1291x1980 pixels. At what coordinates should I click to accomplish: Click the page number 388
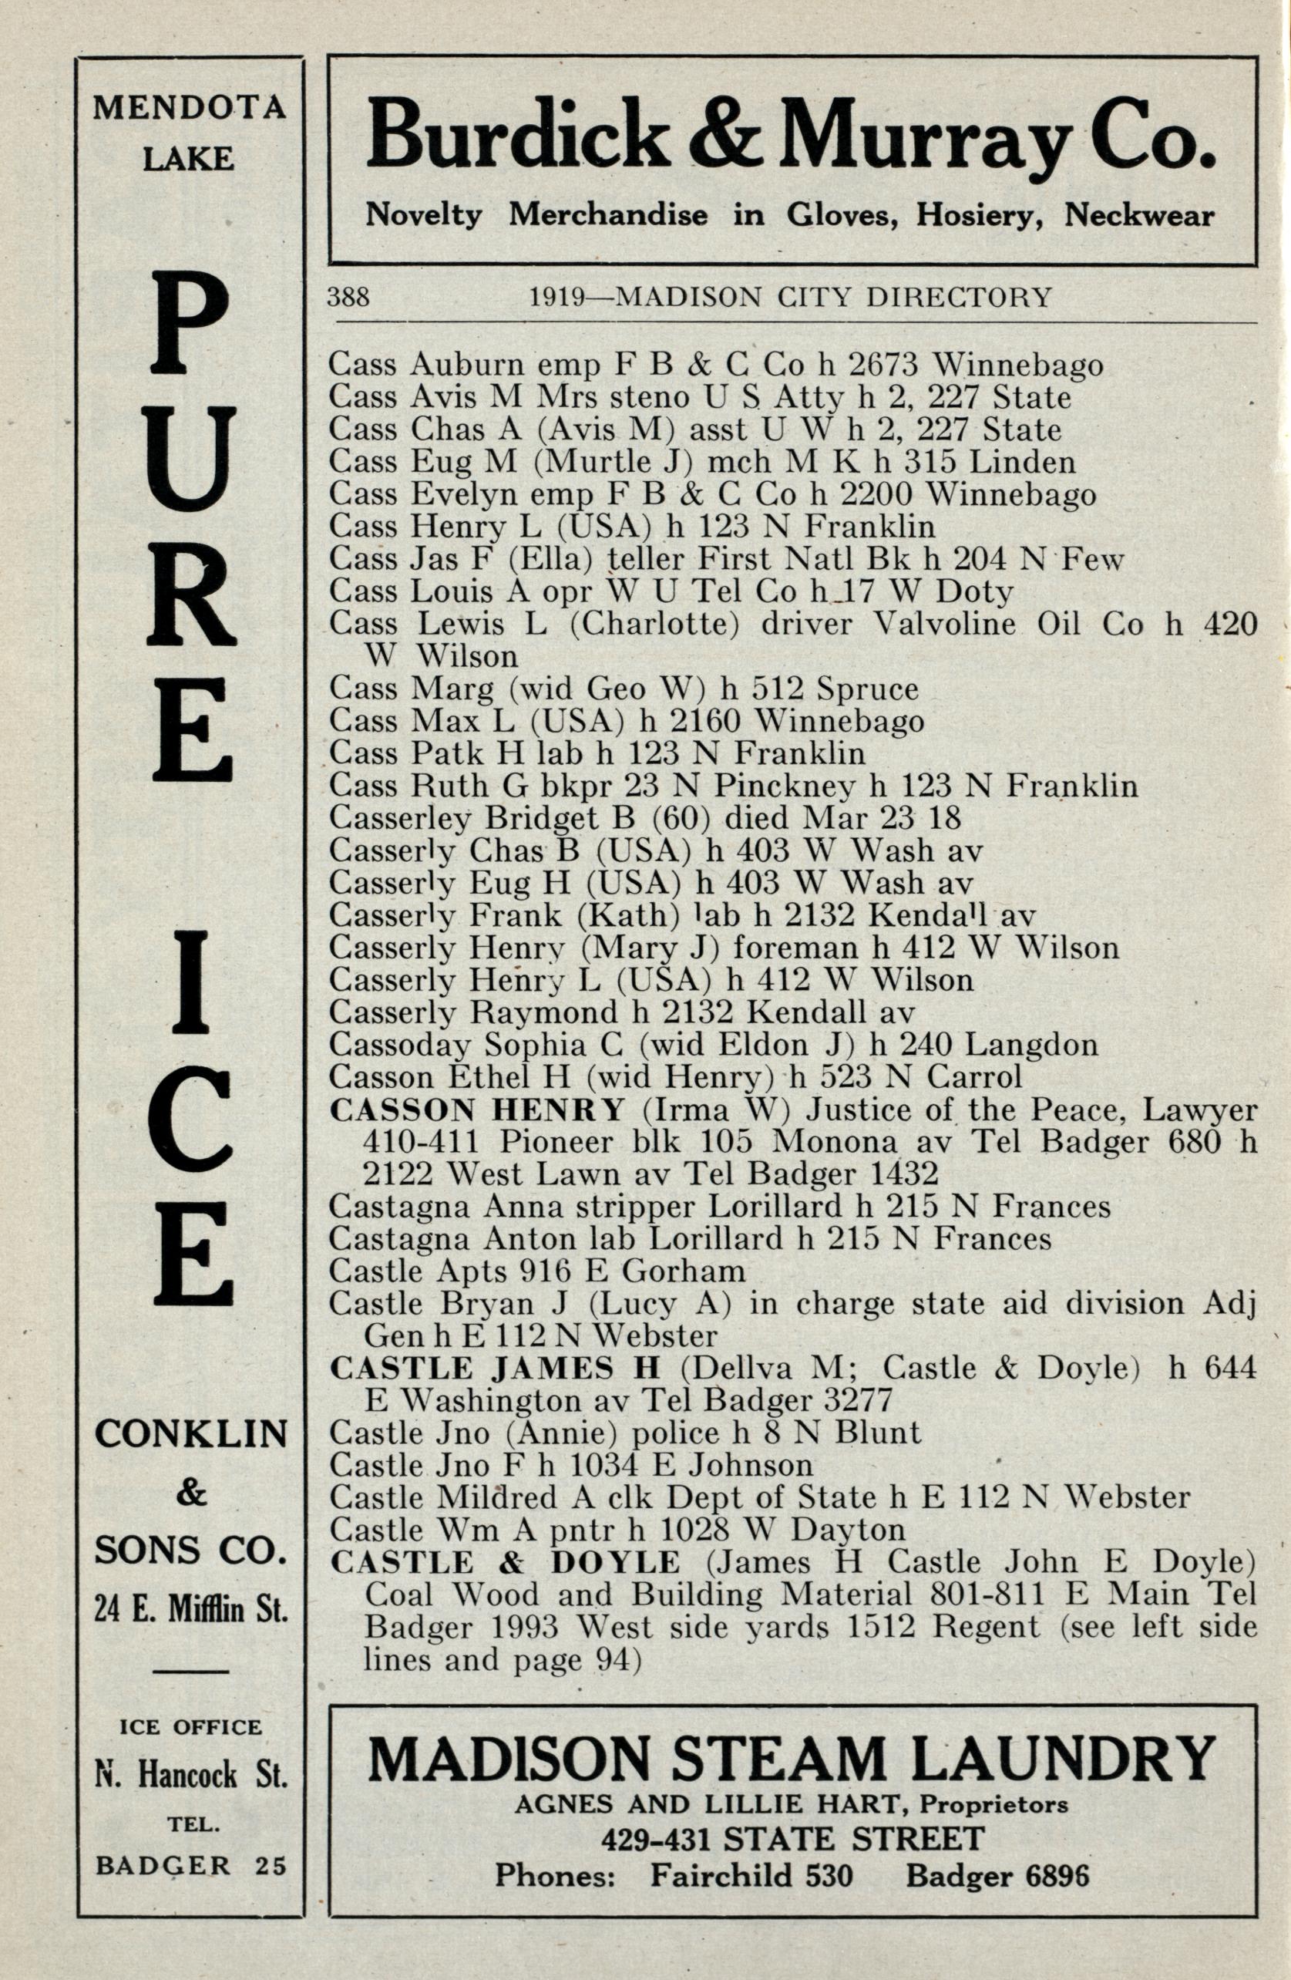coord(348,297)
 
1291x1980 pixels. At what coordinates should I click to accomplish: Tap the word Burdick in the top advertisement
coord(516,136)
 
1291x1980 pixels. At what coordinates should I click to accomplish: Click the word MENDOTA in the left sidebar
coord(190,108)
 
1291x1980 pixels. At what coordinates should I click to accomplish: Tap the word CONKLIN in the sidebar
coord(191,1433)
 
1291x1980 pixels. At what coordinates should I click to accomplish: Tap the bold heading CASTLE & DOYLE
coord(505,1562)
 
